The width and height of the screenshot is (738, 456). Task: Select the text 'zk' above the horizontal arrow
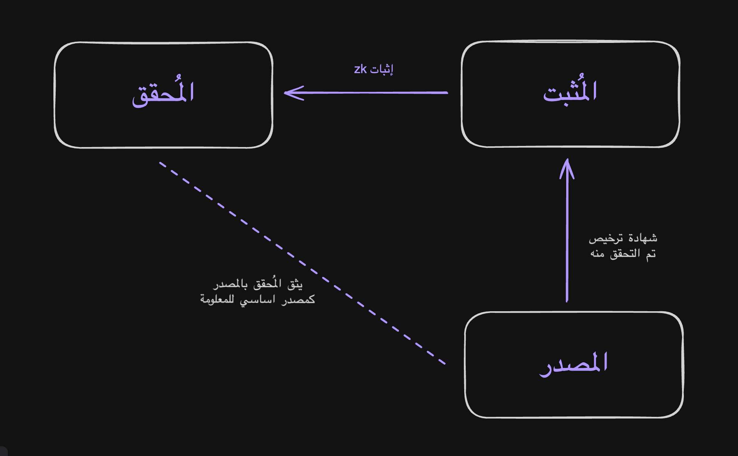tap(360, 69)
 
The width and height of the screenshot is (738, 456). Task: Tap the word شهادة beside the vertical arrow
tap(643, 238)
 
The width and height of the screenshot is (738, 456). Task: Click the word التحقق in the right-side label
tap(625, 254)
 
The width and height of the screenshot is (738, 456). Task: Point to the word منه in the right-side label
tap(597, 254)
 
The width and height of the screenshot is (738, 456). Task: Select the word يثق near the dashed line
tap(295, 285)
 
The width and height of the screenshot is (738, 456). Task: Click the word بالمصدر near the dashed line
tap(230, 284)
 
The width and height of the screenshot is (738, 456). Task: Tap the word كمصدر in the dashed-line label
tap(298, 300)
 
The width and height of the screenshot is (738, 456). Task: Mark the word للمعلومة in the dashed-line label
tap(217, 299)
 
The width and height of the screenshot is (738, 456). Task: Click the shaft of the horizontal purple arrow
tap(373, 93)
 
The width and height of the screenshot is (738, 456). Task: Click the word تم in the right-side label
tap(651, 254)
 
